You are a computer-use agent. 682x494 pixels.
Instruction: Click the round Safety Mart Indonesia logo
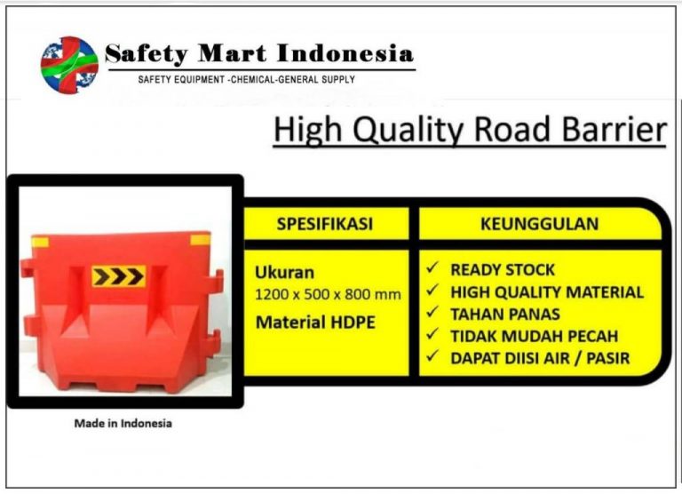tap(69, 66)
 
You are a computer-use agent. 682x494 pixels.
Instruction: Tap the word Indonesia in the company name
tap(345, 53)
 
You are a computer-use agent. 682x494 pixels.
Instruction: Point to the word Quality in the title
tap(409, 131)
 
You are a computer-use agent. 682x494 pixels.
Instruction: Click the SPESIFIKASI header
tap(325, 224)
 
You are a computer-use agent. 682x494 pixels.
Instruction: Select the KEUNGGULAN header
tap(539, 224)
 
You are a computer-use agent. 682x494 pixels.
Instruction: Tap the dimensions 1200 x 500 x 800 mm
tap(328, 295)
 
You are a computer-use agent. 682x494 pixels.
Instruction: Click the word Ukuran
tap(284, 273)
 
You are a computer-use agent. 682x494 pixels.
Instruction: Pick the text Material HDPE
tap(315, 323)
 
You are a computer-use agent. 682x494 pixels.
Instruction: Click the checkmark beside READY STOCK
tap(432, 267)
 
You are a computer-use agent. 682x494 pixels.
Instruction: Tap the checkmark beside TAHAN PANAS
tap(432, 312)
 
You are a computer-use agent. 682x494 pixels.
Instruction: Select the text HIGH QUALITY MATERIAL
tap(547, 292)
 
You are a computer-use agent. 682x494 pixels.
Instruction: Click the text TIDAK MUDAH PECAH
tap(534, 336)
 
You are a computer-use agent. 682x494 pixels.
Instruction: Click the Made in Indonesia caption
tap(123, 423)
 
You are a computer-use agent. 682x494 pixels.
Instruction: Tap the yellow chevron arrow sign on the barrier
tap(118, 276)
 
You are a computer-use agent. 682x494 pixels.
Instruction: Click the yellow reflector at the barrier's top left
tap(41, 242)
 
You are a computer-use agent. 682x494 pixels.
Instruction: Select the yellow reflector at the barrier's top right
tap(201, 239)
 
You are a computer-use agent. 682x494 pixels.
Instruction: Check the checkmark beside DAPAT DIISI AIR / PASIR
tap(432, 356)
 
